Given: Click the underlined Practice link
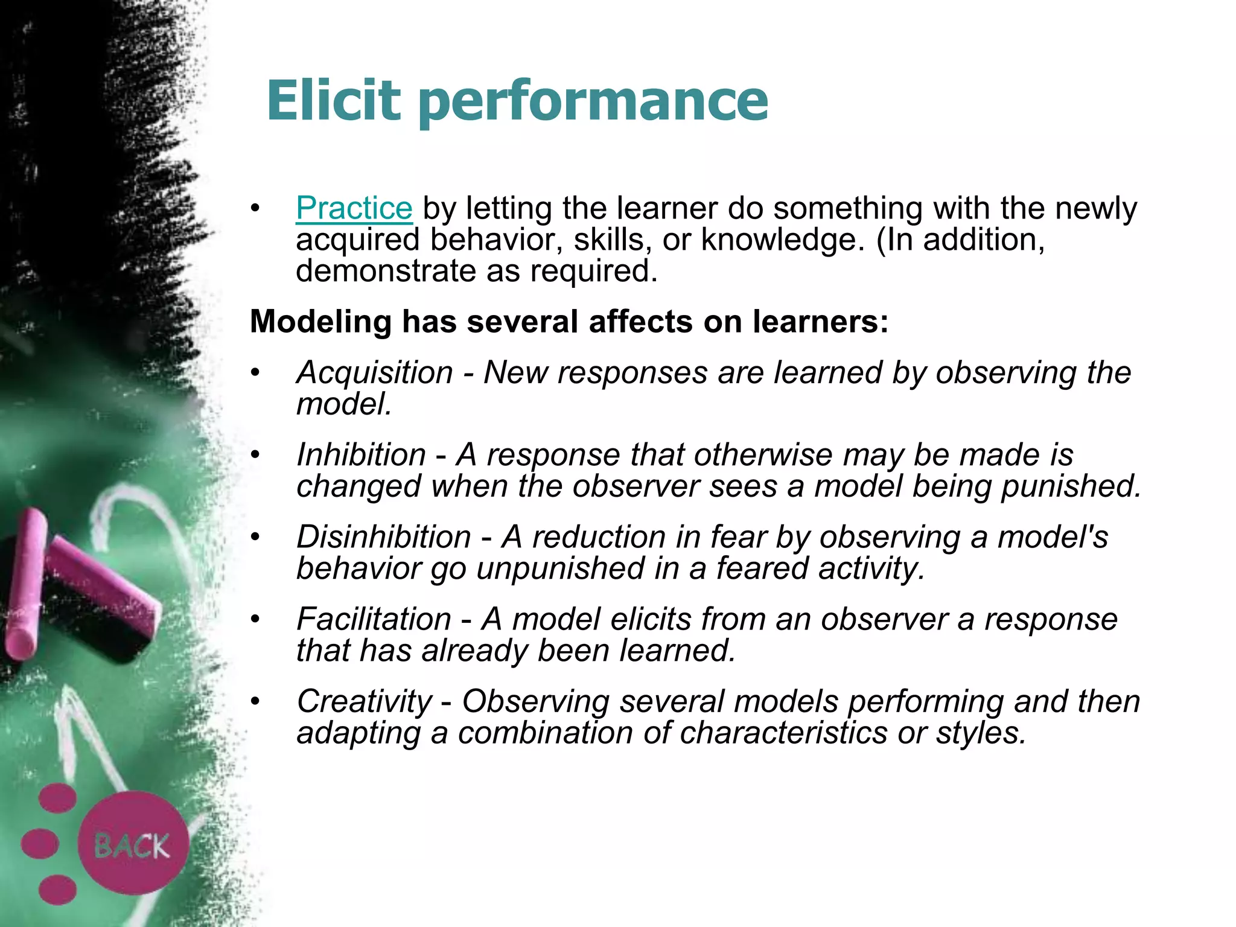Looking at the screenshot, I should click(x=354, y=208).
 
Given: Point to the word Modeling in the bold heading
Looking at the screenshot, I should click(x=320, y=321).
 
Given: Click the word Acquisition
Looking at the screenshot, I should click(x=375, y=372).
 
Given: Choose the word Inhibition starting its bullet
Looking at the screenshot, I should click(x=361, y=454).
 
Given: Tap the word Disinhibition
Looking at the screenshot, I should click(x=384, y=537).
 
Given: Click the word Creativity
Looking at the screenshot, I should click(x=365, y=701).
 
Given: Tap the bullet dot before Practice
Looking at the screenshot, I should click(x=256, y=208).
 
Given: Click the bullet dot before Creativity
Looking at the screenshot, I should click(x=256, y=701).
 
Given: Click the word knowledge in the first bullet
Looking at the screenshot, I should click(x=779, y=240).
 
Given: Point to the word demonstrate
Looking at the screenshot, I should click(x=386, y=271).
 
